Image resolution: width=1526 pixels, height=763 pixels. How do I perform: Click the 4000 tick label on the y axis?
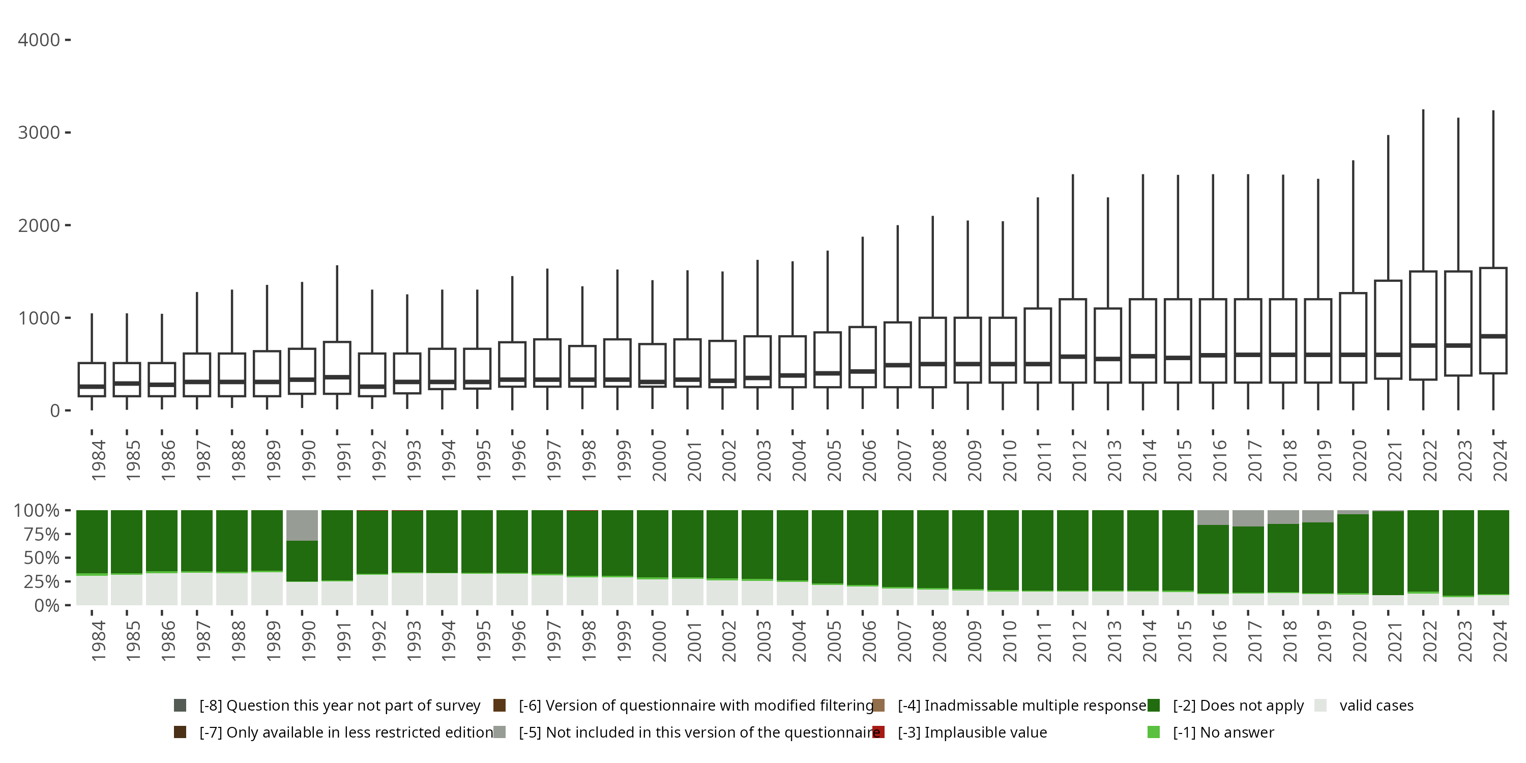click(x=39, y=40)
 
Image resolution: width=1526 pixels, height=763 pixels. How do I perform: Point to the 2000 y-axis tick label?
click(x=39, y=226)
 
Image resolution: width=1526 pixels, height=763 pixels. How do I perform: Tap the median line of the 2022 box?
click(x=1423, y=345)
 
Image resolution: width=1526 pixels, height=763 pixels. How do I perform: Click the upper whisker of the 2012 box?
click(x=1073, y=237)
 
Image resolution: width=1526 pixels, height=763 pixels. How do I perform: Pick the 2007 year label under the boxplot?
click(x=904, y=460)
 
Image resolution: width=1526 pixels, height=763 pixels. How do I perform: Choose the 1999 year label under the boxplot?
click(x=624, y=460)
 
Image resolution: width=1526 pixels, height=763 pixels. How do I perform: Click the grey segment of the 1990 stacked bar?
click(x=302, y=525)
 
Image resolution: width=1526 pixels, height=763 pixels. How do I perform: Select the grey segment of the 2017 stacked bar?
click(x=1248, y=518)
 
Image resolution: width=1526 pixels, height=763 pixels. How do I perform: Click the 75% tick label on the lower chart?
click(x=42, y=534)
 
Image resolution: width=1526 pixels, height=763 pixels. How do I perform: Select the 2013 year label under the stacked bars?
click(x=1114, y=641)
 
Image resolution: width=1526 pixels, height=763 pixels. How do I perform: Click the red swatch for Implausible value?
click(x=878, y=732)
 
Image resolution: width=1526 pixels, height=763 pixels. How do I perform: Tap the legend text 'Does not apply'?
click(x=1238, y=706)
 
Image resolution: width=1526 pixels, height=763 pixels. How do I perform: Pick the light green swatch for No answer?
click(x=1153, y=732)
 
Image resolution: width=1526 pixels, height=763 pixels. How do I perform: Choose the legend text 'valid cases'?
click(x=1376, y=706)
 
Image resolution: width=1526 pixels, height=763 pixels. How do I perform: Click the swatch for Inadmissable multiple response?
click(x=878, y=706)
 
